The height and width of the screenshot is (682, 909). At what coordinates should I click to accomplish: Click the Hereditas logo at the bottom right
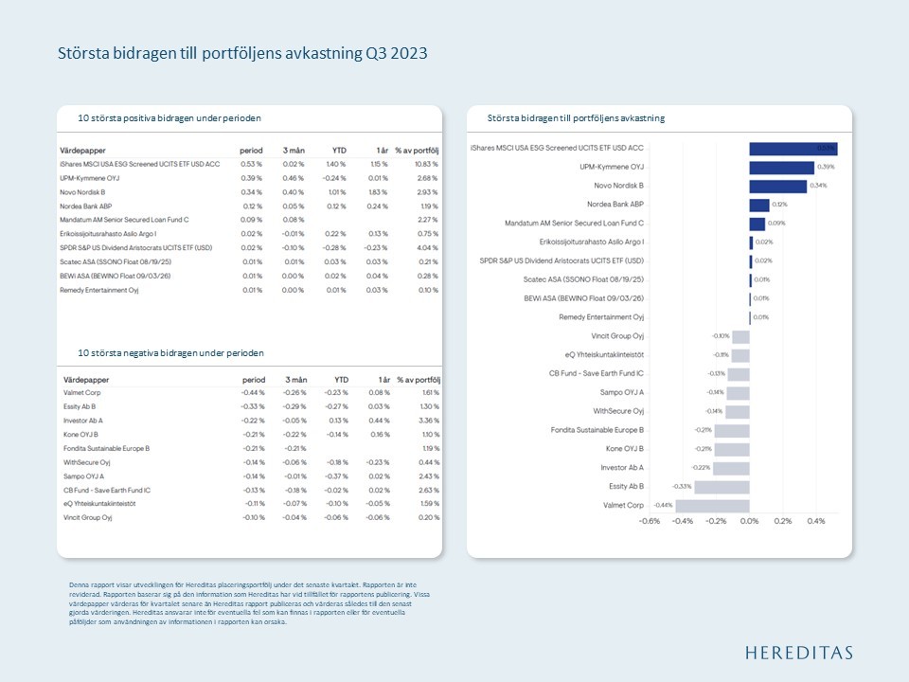click(x=798, y=653)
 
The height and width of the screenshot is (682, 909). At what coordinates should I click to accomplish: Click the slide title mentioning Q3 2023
click(x=242, y=54)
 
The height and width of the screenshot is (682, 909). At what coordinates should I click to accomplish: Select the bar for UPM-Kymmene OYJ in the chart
click(x=781, y=168)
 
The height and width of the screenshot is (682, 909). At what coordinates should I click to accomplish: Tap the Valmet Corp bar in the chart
click(x=712, y=505)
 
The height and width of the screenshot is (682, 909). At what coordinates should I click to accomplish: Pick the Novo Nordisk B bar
click(x=777, y=186)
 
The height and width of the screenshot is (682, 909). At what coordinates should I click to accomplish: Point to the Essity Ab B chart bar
click(x=722, y=486)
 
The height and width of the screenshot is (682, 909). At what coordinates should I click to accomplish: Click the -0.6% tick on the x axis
click(x=650, y=521)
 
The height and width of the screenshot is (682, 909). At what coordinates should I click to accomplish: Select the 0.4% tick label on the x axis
click(x=815, y=521)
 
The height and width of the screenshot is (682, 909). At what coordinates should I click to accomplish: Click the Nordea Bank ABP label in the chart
click(x=615, y=205)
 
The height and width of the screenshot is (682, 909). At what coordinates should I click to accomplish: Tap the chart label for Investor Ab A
click(x=622, y=467)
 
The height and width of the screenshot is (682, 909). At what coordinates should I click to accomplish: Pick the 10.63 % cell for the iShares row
click(x=425, y=164)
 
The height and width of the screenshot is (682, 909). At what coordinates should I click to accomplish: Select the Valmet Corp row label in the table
click(x=82, y=391)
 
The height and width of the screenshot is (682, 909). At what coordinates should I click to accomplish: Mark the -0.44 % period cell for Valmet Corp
click(x=252, y=391)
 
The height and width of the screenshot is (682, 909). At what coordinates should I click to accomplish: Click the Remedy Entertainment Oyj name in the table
click(x=99, y=290)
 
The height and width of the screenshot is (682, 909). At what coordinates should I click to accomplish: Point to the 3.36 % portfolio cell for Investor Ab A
click(x=428, y=420)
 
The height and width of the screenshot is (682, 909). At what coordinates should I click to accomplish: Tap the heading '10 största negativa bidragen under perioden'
click(x=171, y=352)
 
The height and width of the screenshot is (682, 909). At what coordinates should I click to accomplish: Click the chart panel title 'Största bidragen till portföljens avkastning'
click(x=576, y=118)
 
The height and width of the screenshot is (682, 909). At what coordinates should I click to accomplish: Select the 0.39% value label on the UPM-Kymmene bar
click(x=825, y=168)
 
